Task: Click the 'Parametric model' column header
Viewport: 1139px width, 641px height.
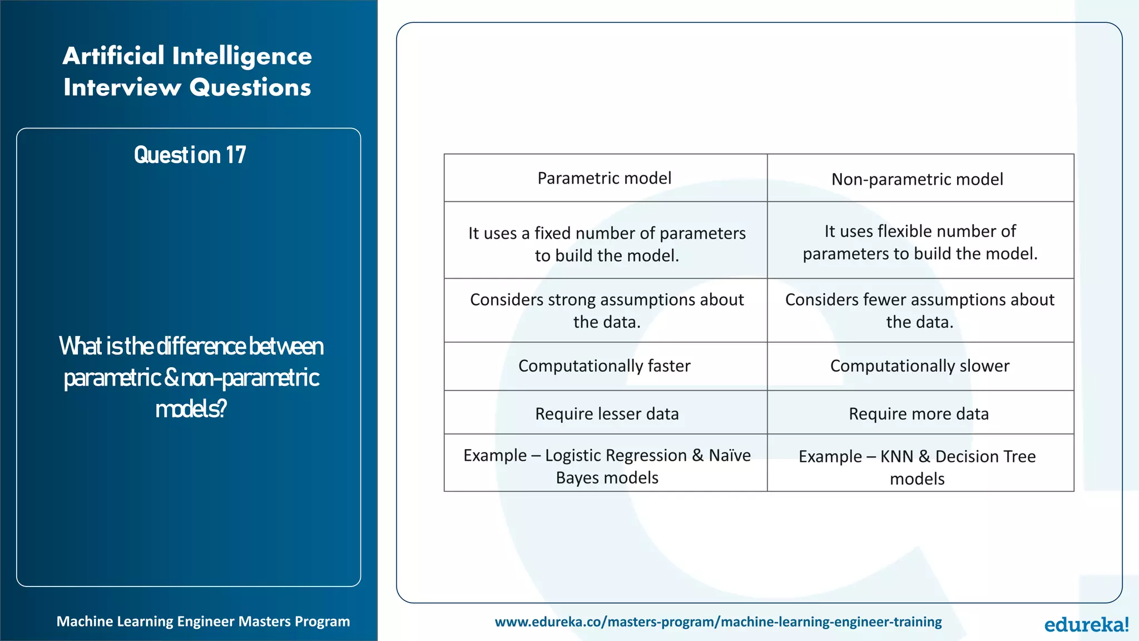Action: tap(605, 178)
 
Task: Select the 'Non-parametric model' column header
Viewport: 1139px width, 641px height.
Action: tap(917, 179)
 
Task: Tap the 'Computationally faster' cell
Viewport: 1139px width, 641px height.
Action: tap(605, 366)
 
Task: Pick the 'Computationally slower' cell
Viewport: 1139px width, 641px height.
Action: tap(919, 366)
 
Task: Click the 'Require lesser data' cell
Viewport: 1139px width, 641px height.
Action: tap(607, 413)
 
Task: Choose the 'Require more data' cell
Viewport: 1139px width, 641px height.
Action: tap(919, 413)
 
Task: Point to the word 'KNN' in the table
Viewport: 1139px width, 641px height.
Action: tap(897, 456)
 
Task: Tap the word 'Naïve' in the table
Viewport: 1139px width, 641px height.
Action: tap(730, 455)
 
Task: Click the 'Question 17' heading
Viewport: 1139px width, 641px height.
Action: tap(190, 155)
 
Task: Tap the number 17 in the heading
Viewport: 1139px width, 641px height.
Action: tap(236, 155)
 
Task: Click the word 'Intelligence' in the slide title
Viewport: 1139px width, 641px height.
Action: tap(242, 56)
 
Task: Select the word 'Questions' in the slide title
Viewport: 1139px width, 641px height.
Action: tap(250, 87)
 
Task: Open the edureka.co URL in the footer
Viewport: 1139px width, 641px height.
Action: tap(718, 622)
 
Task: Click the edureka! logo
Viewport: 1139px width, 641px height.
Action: tap(1086, 624)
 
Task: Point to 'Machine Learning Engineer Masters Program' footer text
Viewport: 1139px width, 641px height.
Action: tap(203, 622)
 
